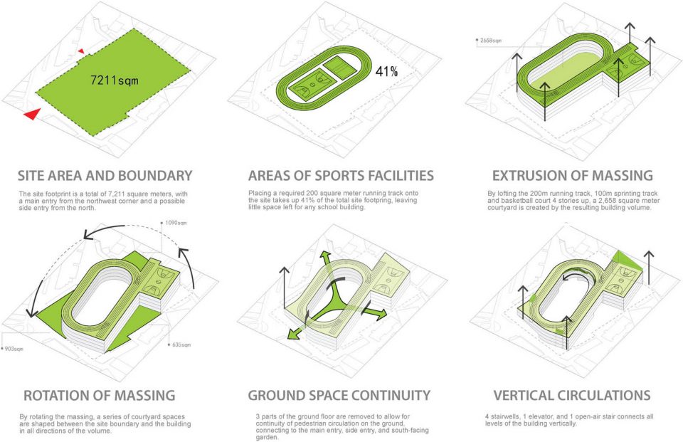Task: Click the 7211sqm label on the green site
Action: pyautogui.click(x=114, y=80)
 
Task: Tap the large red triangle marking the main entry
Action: pyautogui.click(x=33, y=114)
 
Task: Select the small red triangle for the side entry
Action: pyautogui.click(x=81, y=51)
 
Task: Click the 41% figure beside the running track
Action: pyautogui.click(x=386, y=71)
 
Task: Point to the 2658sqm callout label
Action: pyautogui.click(x=491, y=41)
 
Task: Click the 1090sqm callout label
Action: pyautogui.click(x=176, y=223)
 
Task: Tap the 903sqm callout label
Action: pyautogui.click(x=14, y=349)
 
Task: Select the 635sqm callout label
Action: pyautogui.click(x=181, y=344)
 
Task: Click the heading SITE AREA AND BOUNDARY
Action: pyautogui.click(x=105, y=176)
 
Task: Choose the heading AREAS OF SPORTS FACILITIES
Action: pyautogui.click(x=341, y=176)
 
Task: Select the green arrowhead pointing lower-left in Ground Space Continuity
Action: pyautogui.click(x=294, y=334)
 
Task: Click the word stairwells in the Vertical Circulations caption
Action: pyautogui.click(x=504, y=416)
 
